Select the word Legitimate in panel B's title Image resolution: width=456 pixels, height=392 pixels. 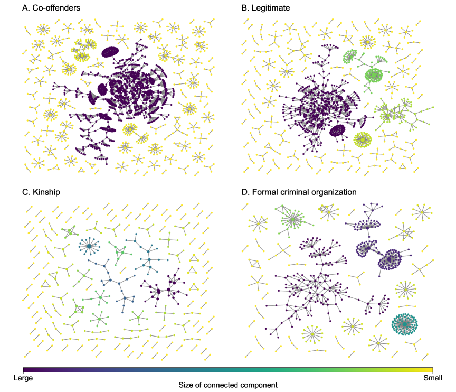pyautogui.click(x=271, y=8)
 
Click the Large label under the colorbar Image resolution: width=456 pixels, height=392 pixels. pyautogui.click(x=23, y=378)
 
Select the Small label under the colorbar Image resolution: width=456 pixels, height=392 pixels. pyautogui.click(x=432, y=378)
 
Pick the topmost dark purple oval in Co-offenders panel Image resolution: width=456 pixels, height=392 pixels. pyautogui.click(x=111, y=52)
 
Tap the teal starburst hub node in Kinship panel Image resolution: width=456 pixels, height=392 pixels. pyautogui.click(x=89, y=246)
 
